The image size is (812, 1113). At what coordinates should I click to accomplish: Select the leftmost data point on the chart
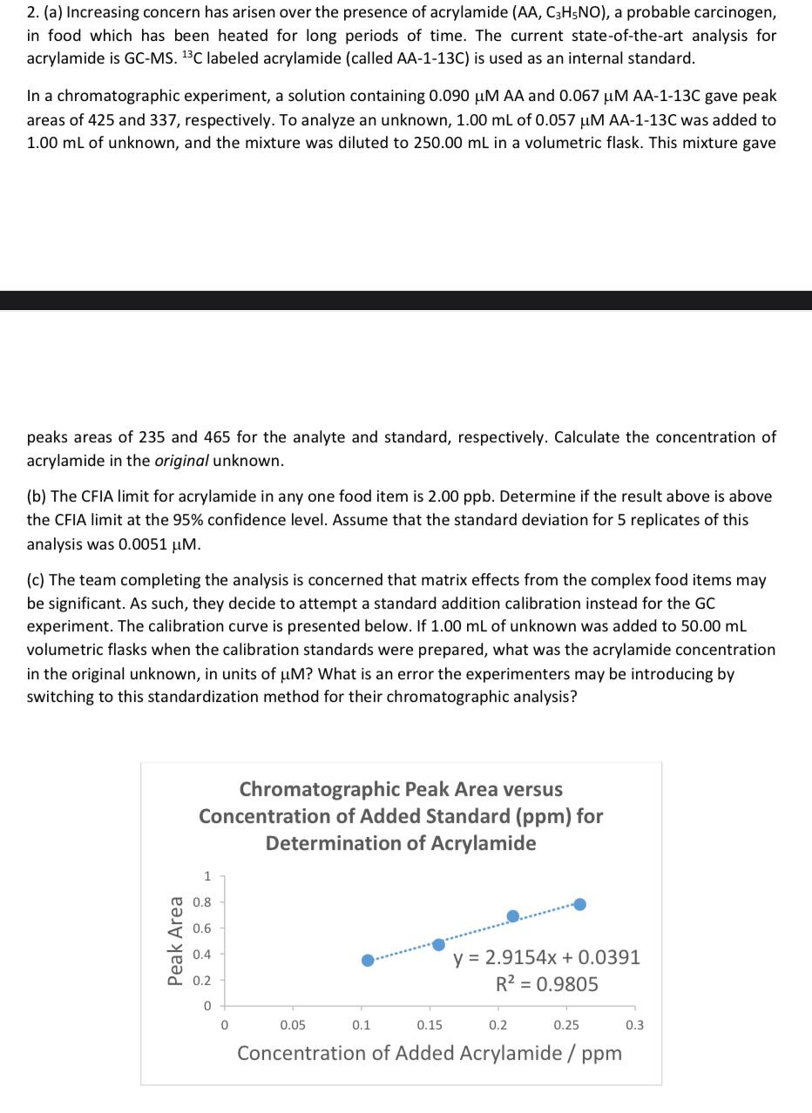coord(368,960)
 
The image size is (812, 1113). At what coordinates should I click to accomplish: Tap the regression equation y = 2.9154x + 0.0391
coord(546,957)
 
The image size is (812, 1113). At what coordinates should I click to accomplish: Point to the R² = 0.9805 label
coord(546,984)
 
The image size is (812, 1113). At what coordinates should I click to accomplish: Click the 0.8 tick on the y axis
coord(201,901)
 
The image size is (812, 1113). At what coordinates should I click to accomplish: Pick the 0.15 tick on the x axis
coord(430,1025)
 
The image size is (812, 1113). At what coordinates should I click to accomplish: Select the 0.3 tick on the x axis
coord(634,1025)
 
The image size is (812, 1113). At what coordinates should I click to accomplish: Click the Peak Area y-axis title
coord(176,941)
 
